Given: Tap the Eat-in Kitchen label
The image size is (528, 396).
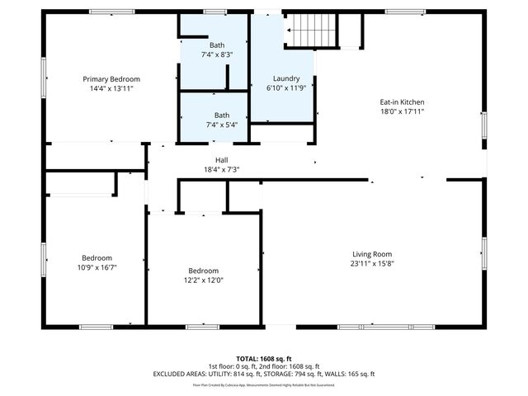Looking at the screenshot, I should pyautogui.click(x=402, y=102).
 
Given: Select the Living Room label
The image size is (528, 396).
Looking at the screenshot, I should pyautogui.click(x=371, y=254).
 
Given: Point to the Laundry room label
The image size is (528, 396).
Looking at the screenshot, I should pyautogui.click(x=286, y=78).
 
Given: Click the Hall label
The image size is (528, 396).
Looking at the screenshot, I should pyautogui.click(x=221, y=160).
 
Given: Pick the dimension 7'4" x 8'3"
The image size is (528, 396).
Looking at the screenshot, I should pyautogui.click(x=217, y=54).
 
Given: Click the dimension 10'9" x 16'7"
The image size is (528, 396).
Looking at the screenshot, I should pyautogui.click(x=97, y=266).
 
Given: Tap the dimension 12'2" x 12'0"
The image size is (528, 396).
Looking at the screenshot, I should pyautogui.click(x=203, y=280).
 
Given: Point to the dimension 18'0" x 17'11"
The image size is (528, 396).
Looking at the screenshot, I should pyautogui.click(x=402, y=111).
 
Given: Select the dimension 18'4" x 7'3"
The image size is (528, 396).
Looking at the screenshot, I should pyautogui.click(x=221, y=169).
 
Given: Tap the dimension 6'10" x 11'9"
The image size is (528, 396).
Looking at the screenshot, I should pyautogui.click(x=286, y=87).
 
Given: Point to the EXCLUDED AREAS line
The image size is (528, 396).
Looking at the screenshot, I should pyautogui.click(x=263, y=373).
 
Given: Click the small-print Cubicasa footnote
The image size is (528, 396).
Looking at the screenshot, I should pyautogui.click(x=263, y=384).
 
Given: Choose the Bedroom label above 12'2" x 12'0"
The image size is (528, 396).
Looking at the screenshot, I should pyautogui.click(x=203, y=271).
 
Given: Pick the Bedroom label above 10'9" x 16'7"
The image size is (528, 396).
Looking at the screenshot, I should pyautogui.click(x=97, y=257).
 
